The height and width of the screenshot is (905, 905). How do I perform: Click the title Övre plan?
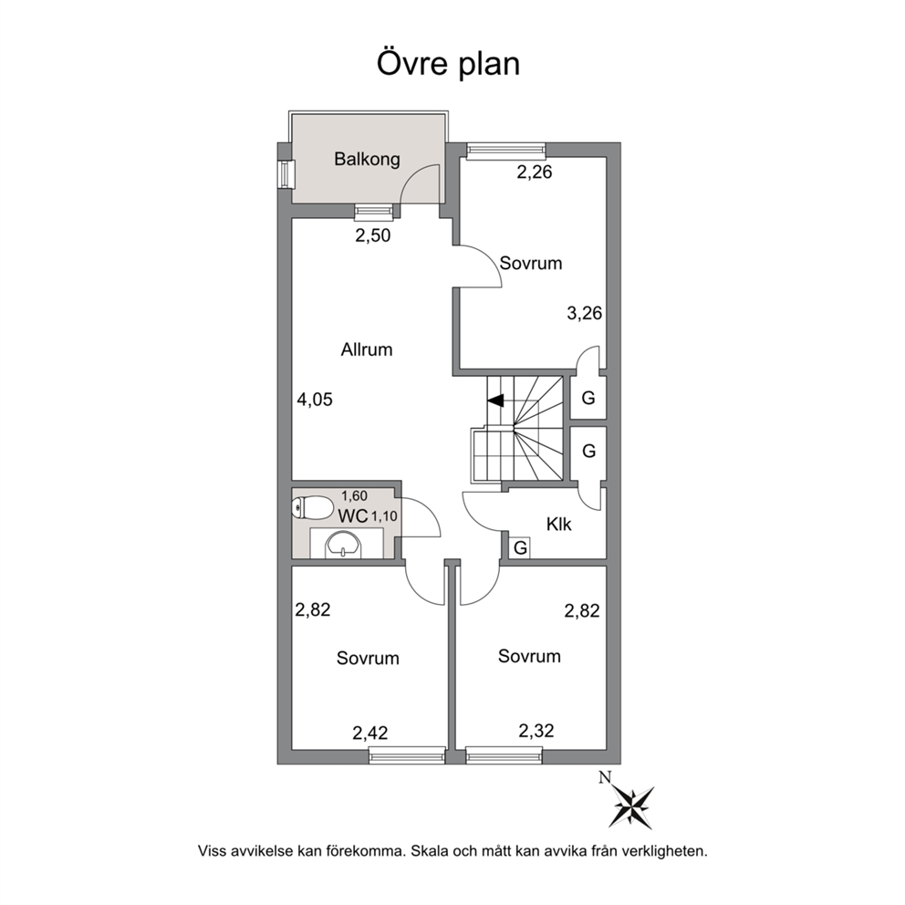[449, 64]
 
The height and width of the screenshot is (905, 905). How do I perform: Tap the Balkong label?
[367, 159]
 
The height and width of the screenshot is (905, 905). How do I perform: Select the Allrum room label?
[367, 349]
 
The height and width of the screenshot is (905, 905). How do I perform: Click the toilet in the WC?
[312, 507]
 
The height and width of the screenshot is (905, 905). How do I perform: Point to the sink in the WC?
[343, 545]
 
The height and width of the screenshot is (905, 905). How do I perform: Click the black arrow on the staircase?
[495, 400]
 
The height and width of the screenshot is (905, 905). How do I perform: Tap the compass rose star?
[633, 806]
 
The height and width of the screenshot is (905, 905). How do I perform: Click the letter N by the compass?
[605, 777]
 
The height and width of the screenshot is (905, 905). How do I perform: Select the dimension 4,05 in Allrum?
[315, 400]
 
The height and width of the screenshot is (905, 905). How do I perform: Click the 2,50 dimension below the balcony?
[373, 235]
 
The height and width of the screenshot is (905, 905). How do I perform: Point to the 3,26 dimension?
[584, 314]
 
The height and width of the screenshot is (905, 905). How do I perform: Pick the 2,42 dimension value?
[370, 733]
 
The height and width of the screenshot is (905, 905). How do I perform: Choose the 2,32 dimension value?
[536, 731]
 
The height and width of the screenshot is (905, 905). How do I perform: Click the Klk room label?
[558, 524]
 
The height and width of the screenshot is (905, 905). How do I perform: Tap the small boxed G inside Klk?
[520, 547]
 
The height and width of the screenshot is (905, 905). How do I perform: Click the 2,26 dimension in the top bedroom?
[535, 172]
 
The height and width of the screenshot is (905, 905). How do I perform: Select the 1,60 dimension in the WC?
[354, 495]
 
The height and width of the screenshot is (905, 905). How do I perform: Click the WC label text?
[353, 516]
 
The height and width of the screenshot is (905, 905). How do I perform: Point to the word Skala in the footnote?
[430, 851]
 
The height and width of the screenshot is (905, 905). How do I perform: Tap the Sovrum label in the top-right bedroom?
[531, 263]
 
